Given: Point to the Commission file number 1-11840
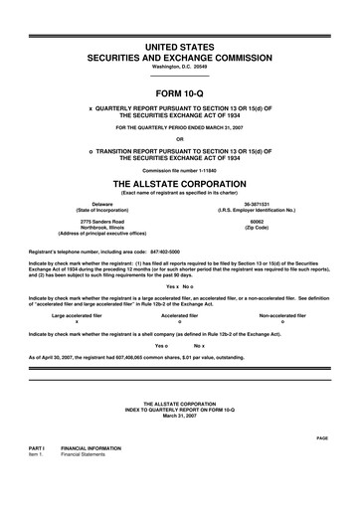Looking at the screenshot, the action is tap(179, 143).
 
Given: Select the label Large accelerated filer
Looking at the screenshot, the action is tap(77, 287).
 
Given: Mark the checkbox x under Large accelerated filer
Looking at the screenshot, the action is tap(77, 294).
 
